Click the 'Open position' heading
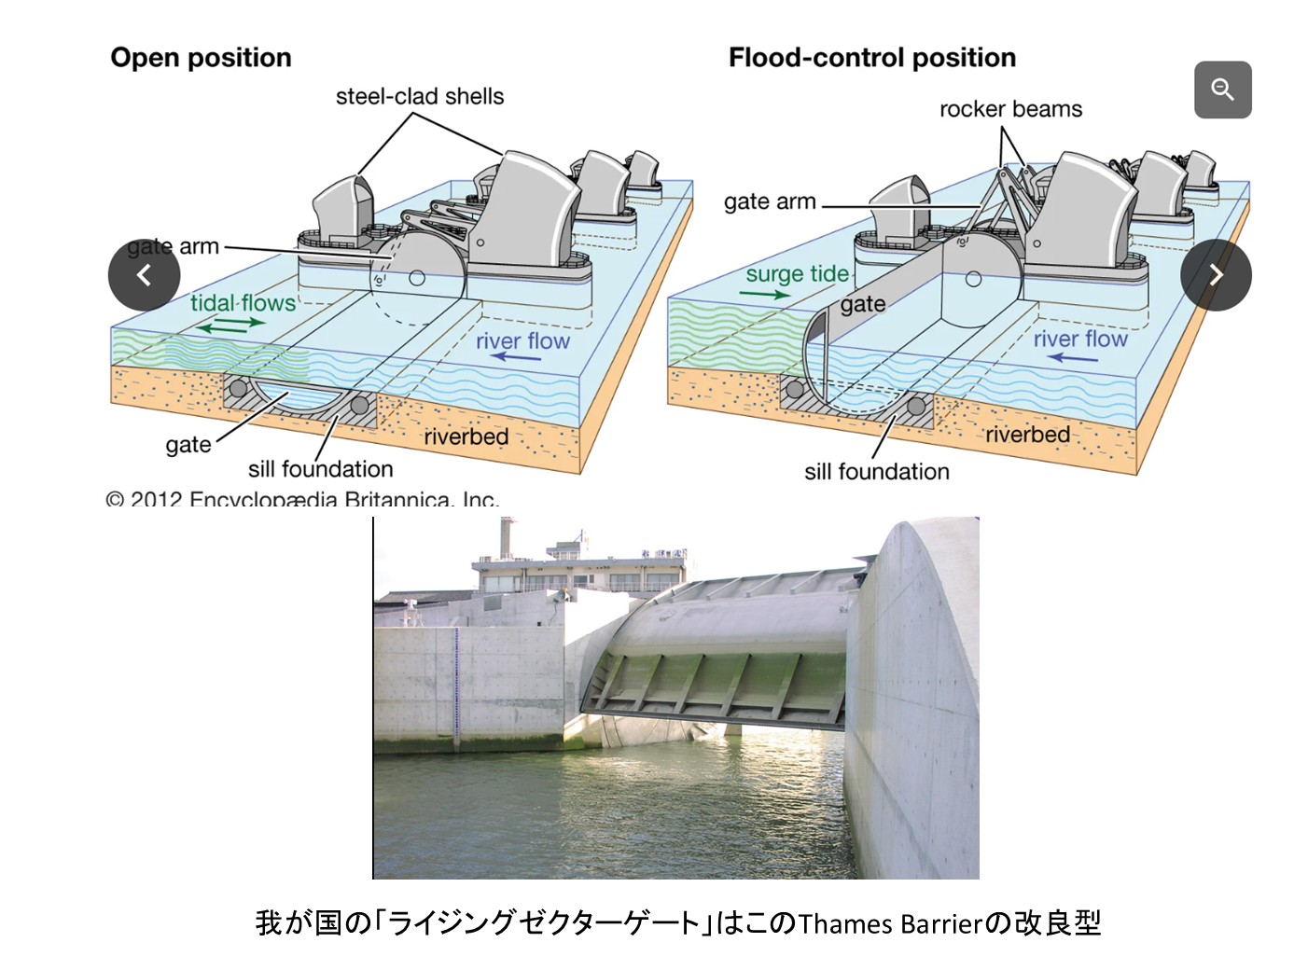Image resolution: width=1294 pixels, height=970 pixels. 201,58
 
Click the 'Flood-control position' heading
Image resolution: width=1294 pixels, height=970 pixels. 871,58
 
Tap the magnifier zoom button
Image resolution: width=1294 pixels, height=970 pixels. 1222,90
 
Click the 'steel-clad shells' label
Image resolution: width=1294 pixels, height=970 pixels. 420,96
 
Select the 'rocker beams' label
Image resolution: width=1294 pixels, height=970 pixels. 1010,109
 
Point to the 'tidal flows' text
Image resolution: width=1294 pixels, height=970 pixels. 243,302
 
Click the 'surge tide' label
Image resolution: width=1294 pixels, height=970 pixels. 797,273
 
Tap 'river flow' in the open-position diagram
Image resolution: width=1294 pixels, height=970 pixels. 522,340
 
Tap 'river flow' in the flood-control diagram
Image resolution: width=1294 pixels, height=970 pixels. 1079,339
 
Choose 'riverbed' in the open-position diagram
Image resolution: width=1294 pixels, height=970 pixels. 466,436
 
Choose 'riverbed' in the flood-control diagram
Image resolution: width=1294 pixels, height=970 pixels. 1027,434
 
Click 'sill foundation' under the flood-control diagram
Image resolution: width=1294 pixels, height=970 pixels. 877,472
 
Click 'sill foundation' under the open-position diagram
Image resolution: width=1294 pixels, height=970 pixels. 320,468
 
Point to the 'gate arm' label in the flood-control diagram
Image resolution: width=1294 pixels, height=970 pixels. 770,201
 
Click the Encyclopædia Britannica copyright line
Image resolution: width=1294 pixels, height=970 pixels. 302,499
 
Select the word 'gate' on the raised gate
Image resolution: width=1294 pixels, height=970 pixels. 862,304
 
